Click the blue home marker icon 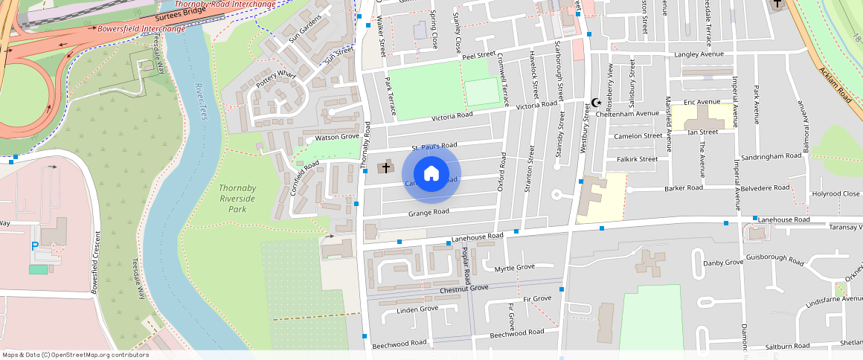tap(431, 174)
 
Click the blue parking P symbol tap(34, 246)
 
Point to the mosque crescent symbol tap(595, 103)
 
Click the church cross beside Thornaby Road tap(385, 167)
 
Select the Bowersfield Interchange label tap(141, 29)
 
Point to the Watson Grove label tap(337, 137)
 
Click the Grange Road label tap(429, 213)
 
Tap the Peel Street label tap(478, 55)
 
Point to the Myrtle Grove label tap(515, 267)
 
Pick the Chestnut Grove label tap(463, 288)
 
